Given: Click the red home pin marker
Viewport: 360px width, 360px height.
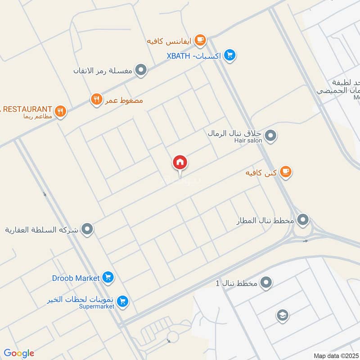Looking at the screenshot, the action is (180, 162).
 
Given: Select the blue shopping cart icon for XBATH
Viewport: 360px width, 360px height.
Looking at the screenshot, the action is (230, 55).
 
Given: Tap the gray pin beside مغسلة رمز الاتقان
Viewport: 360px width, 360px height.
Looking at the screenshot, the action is (141, 70).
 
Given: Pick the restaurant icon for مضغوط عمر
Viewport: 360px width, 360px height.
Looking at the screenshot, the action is (96, 100).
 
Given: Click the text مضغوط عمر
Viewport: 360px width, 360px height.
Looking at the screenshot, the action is (124, 100).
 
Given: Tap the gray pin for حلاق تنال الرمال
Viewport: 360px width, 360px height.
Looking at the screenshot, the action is (270, 135).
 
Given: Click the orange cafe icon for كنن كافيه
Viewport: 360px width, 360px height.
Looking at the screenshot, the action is (285, 172).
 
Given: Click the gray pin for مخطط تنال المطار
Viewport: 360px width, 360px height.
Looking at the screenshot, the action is (304, 220).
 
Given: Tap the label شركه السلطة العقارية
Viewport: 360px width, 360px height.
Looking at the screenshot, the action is (41, 230).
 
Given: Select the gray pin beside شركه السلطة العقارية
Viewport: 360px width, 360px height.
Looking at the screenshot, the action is (87, 229).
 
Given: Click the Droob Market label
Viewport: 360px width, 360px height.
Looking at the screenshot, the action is (75, 278).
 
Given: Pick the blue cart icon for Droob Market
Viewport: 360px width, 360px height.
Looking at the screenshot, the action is (107, 278).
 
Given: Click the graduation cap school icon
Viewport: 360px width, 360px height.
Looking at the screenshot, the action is (282, 315).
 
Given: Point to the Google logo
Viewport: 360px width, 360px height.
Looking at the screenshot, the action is (19, 353).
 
